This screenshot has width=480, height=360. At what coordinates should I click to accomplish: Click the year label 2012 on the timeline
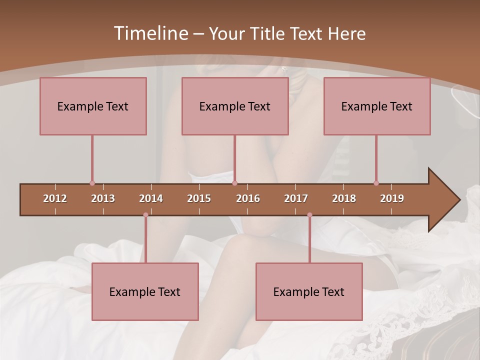[55, 198]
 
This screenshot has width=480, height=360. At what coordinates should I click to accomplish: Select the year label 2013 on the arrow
[103, 198]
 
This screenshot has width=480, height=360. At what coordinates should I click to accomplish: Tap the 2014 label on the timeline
[151, 198]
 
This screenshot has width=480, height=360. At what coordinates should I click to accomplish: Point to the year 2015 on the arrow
[199, 198]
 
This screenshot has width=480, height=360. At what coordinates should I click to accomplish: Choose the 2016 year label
[248, 198]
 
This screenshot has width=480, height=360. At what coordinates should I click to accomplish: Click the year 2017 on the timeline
[296, 198]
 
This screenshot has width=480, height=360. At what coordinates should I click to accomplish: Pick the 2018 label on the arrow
[344, 198]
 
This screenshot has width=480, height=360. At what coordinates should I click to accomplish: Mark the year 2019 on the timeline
[392, 198]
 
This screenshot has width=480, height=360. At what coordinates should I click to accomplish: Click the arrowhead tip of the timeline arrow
[458, 200]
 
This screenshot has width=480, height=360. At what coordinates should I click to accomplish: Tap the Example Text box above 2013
[93, 106]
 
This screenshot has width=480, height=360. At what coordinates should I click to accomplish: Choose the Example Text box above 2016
[235, 106]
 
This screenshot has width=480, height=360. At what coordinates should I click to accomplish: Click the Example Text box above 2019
[377, 106]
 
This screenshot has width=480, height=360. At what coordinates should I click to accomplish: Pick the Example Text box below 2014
[145, 292]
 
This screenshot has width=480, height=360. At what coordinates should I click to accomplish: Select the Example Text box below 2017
[309, 292]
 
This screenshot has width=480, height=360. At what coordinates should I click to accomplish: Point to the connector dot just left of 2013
[92, 183]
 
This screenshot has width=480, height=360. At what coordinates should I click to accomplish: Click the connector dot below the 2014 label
[145, 215]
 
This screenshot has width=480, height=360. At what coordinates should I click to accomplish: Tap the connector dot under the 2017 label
[309, 215]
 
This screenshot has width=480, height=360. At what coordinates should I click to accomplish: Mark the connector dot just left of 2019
[376, 183]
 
